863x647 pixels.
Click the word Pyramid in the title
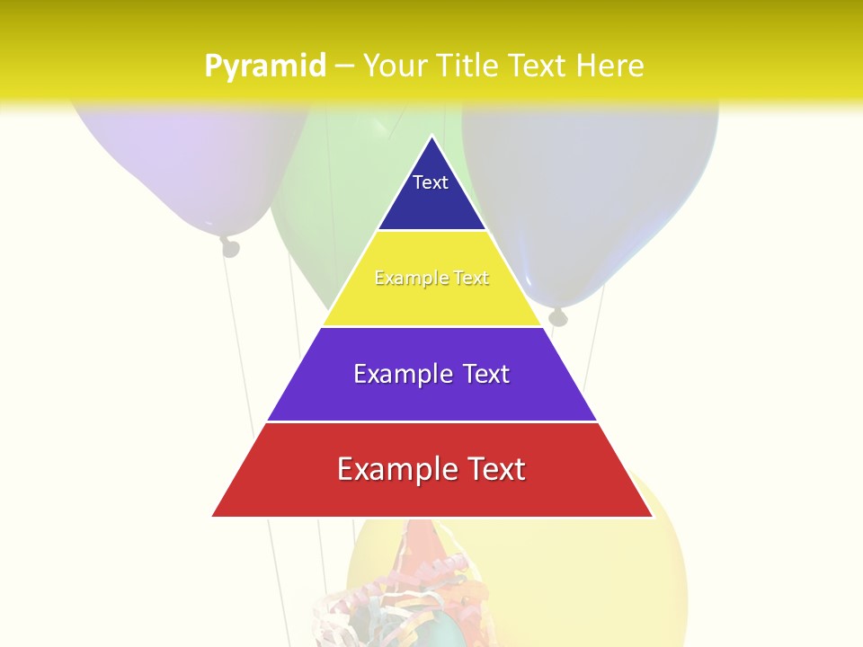click(x=265, y=66)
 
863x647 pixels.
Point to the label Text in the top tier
click(x=431, y=182)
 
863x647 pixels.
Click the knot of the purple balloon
click(x=231, y=246)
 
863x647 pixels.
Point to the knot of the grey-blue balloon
click(x=558, y=315)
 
